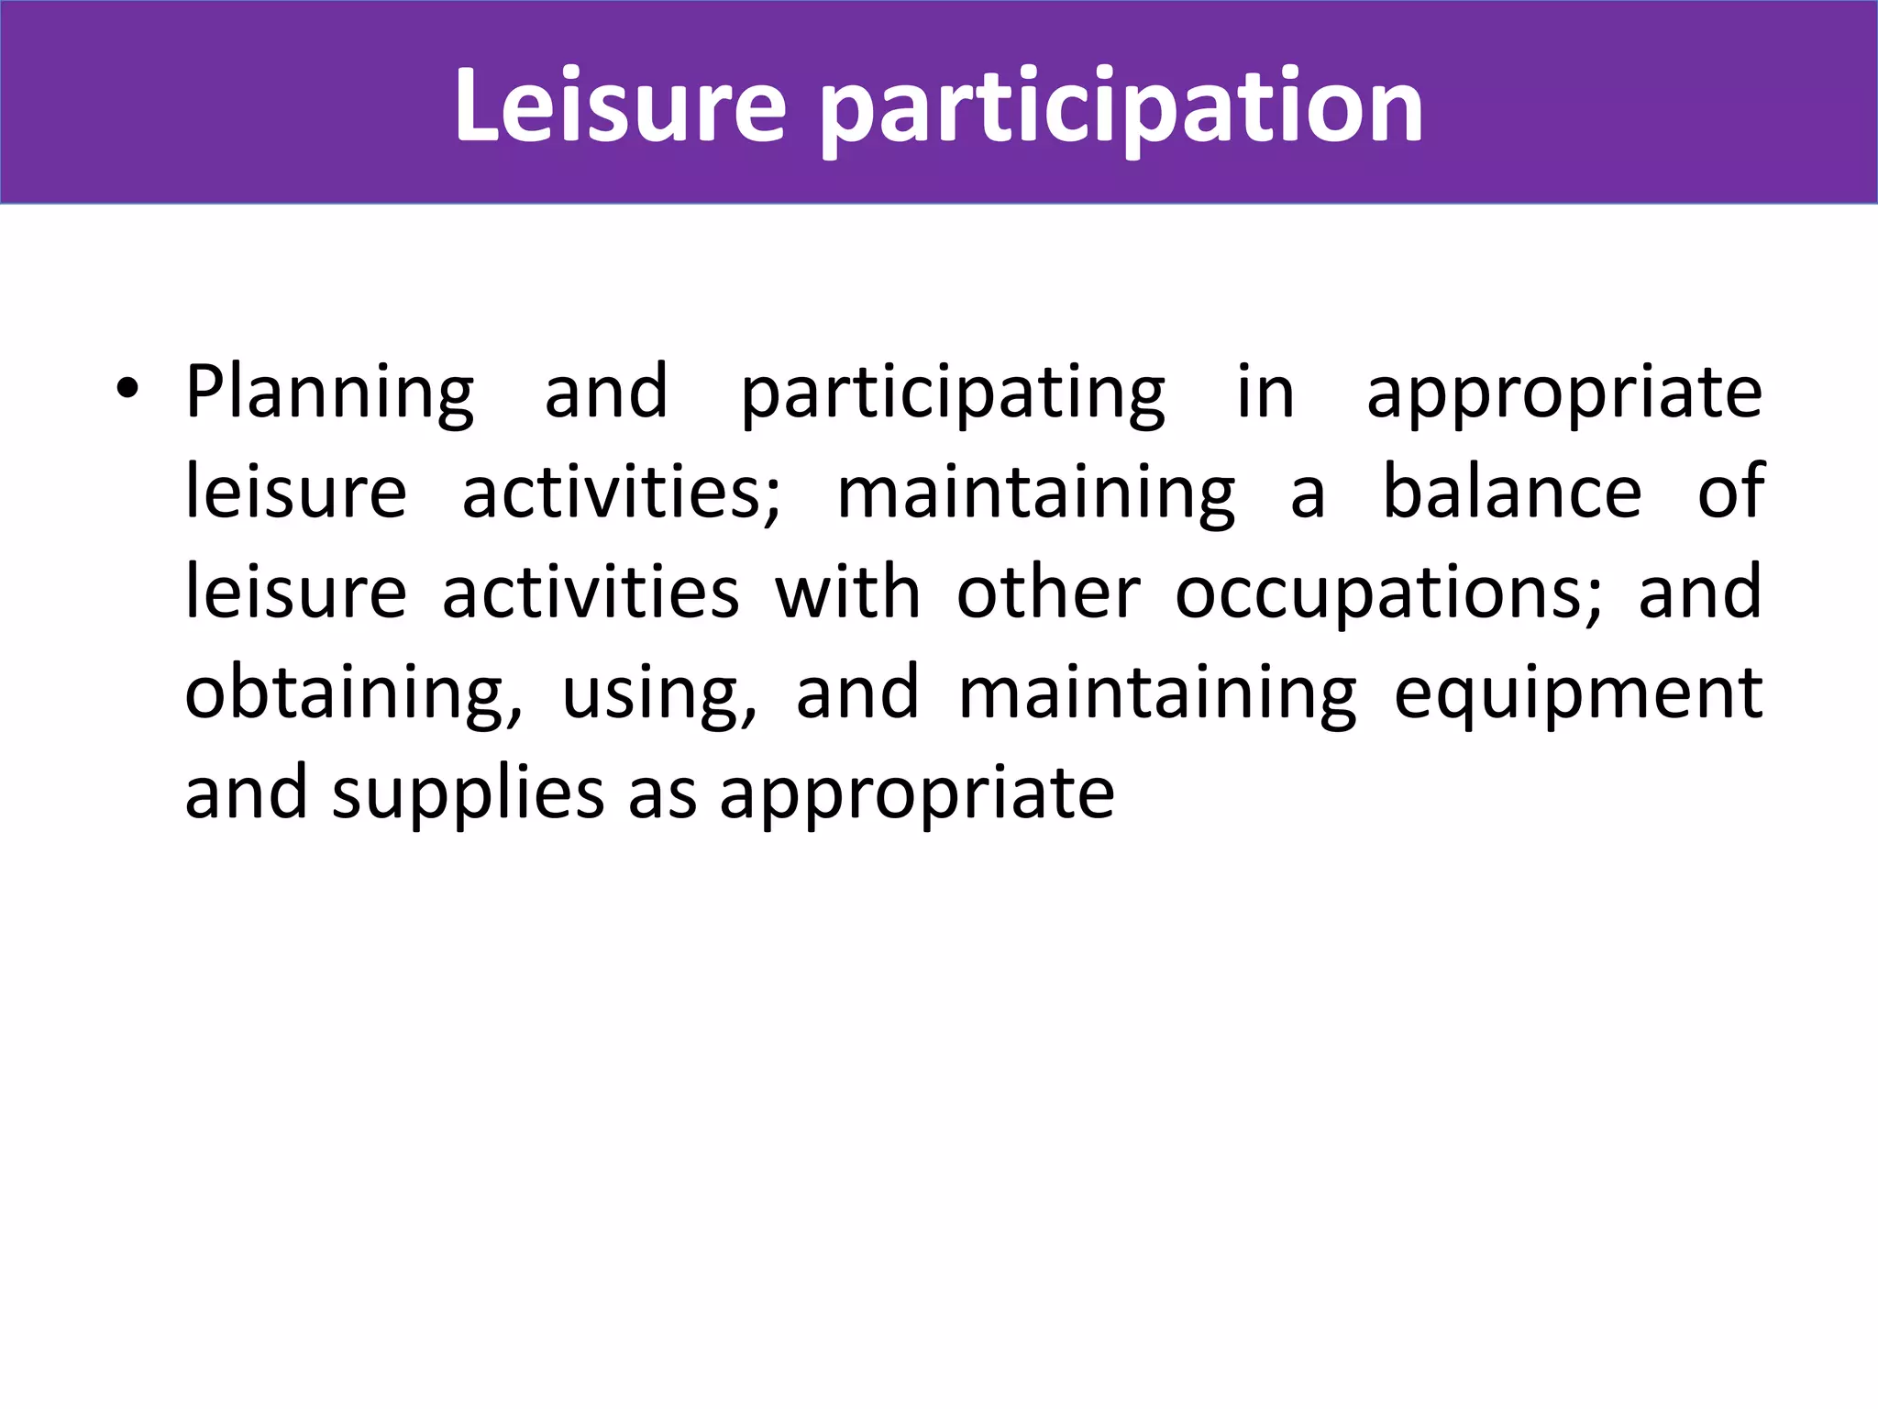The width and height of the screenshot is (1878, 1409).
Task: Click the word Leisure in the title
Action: click(620, 106)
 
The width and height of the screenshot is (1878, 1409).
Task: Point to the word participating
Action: click(953, 393)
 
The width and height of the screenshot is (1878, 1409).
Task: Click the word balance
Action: click(1511, 492)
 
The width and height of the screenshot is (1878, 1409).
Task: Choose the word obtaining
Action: click(354, 693)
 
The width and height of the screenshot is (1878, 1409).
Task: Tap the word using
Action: click(659, 693)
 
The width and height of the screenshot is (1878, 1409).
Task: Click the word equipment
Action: click(1578, 693)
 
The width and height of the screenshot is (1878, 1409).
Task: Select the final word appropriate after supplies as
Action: click(917, 794)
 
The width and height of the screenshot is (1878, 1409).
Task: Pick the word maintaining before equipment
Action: click(1157, 693)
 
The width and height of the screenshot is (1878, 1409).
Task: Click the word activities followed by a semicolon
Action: click(621, 492)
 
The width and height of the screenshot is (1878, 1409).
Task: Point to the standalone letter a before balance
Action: click(1308, 494)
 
